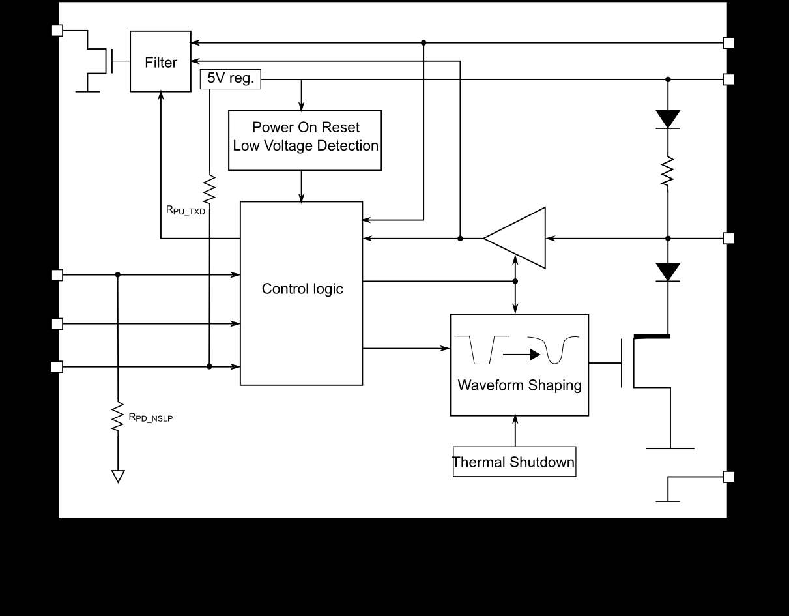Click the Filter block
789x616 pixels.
pos(160,62)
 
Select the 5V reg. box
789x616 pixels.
pos(230,80)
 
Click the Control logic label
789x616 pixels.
pos(302,289)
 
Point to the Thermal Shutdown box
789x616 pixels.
pos(514,462)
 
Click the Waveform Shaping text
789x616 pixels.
pos(519,385)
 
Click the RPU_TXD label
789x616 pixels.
pos(186,210)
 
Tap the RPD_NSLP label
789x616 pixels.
pos(151,418)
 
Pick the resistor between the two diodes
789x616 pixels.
pos(668,171)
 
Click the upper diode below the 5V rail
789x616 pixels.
pos(668,119)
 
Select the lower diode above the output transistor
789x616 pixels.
pos(668,272)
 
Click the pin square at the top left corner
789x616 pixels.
pos(57,30)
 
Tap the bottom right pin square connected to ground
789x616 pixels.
pos(729,477)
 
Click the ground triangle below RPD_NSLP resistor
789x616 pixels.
pos(118,477)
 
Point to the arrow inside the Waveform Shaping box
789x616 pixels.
pos(522,355)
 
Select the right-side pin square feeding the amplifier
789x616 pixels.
pos(729,239)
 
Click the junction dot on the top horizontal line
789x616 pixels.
pos(423,42)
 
